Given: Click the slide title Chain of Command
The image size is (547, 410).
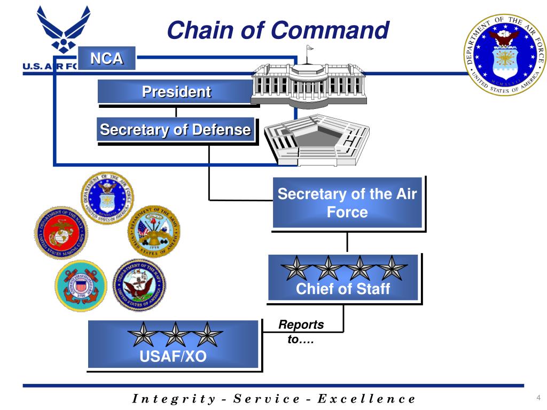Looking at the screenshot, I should point(277,30).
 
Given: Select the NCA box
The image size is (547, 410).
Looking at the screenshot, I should point(106,58).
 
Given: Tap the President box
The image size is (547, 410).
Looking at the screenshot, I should point(176,92).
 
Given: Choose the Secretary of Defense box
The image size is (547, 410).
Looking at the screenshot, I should point(176,130).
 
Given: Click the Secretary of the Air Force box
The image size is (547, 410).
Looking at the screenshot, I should point(347,203).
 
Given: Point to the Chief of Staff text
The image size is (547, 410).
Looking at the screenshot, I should point(343,289).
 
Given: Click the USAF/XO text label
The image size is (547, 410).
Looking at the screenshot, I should point(173,356).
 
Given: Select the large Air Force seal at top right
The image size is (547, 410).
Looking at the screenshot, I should point(504,55).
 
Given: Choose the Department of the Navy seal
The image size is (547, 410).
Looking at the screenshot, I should point(138,285).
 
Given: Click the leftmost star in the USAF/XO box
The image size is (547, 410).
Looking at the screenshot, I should point(143,335).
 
